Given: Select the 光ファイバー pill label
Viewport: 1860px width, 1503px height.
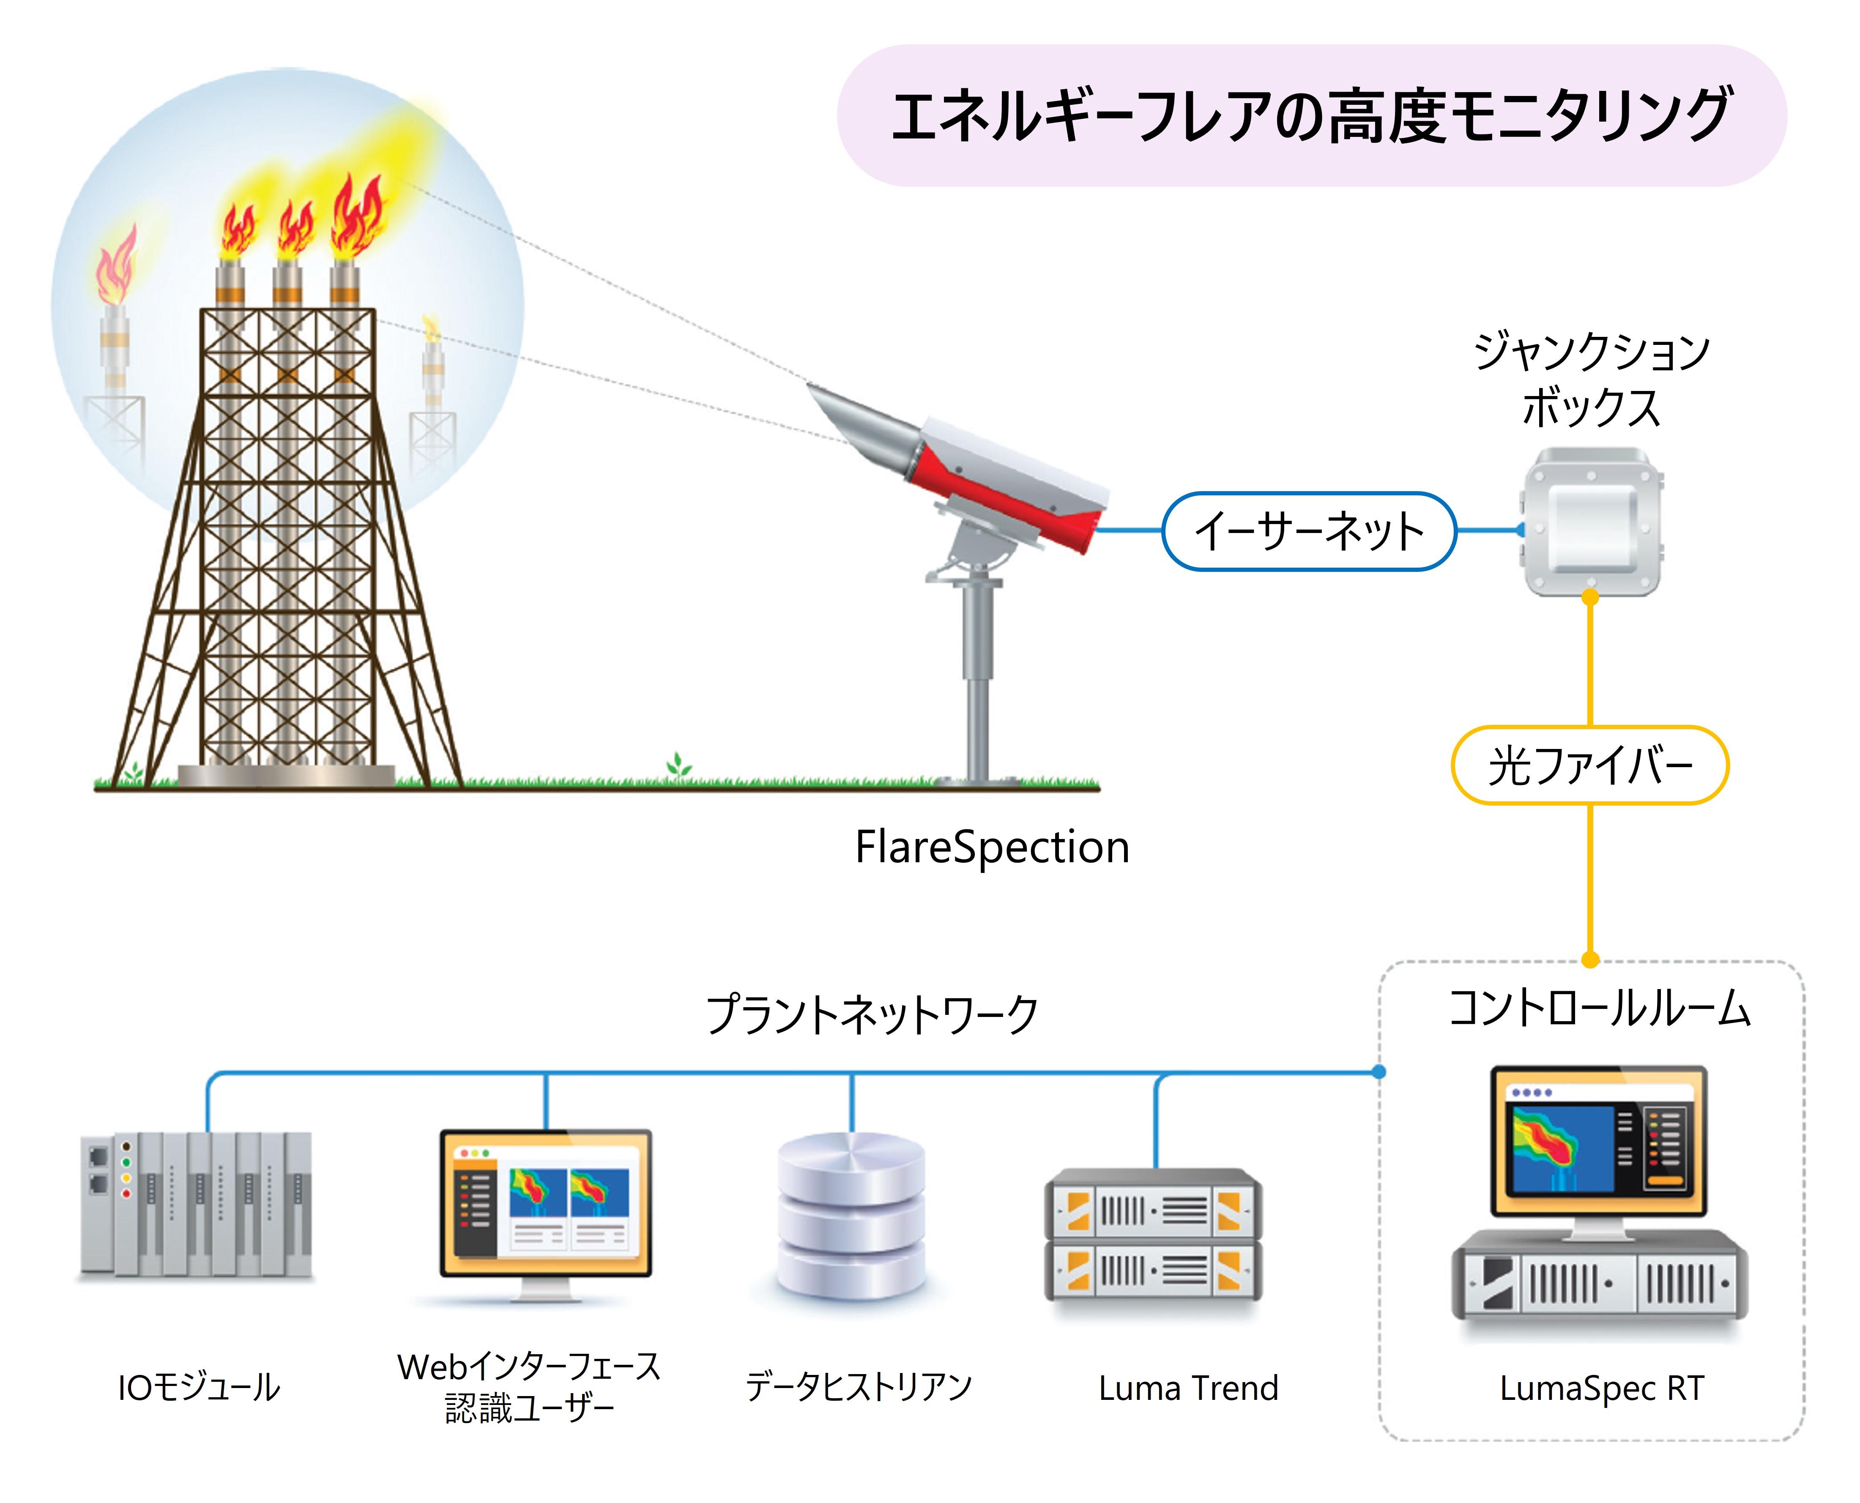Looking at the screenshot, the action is [x=1590, y=765].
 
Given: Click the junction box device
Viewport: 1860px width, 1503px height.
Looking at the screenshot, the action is [x=1592, y=522].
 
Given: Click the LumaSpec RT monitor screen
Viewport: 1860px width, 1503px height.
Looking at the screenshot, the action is [x=1598, y=1141].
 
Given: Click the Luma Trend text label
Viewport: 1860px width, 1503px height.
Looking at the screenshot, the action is [x=1188, y=1389].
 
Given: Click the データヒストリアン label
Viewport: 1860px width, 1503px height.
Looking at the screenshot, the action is [x=859, y=1387].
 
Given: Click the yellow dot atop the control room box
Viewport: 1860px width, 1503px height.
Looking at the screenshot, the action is [x=1590, y=959].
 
